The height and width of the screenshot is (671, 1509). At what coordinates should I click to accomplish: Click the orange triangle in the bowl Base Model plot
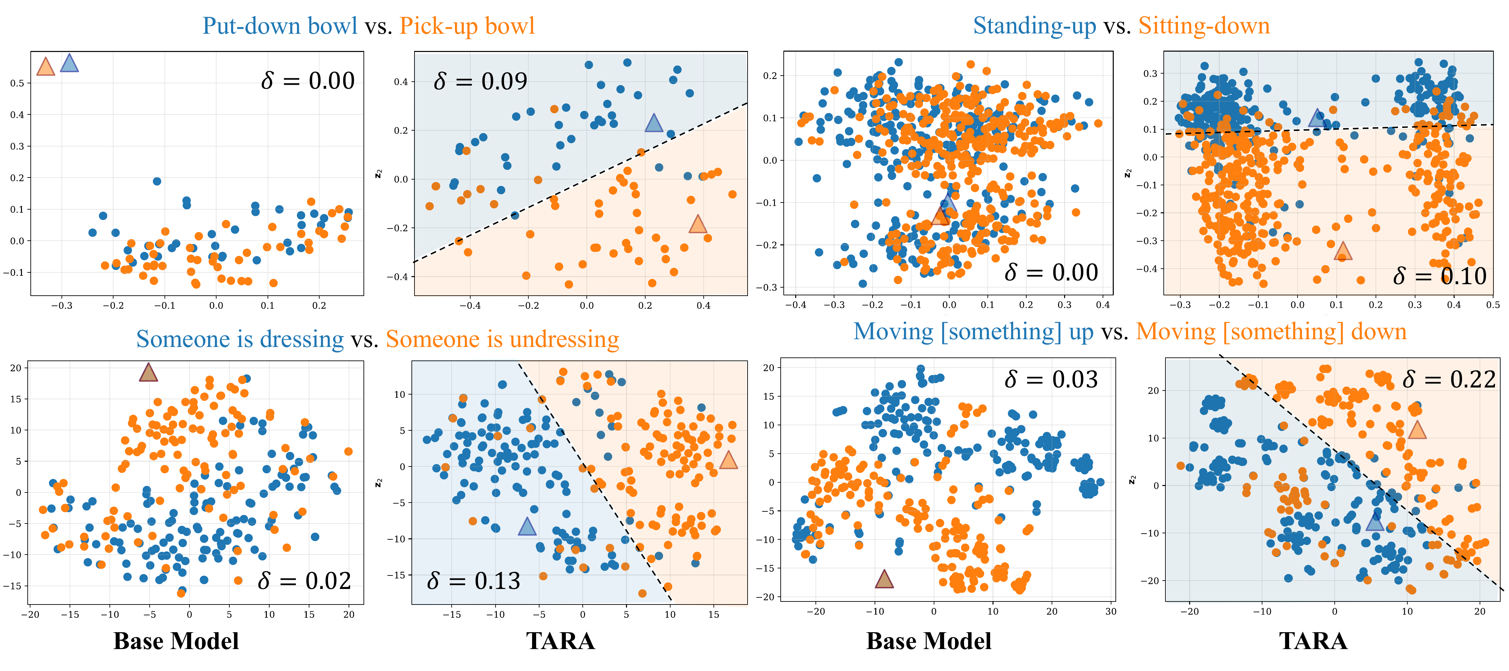46,67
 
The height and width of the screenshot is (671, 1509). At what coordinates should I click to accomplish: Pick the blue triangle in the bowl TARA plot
653,123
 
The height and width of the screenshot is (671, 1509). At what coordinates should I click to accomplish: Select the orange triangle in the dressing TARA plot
728,460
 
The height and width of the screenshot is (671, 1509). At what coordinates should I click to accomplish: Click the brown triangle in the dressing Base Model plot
148,372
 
